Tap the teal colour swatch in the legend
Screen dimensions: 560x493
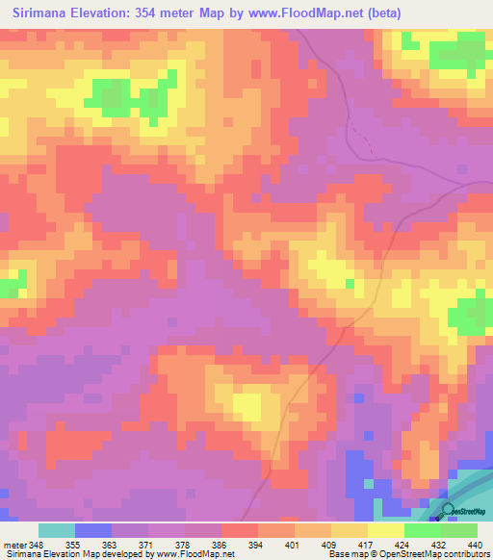click(x=56, y=530)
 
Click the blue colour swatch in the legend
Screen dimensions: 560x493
click(x=92, y=530)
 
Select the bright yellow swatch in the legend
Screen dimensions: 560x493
click(x=385, y=530)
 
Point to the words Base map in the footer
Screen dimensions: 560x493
click(x=343, y=554)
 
